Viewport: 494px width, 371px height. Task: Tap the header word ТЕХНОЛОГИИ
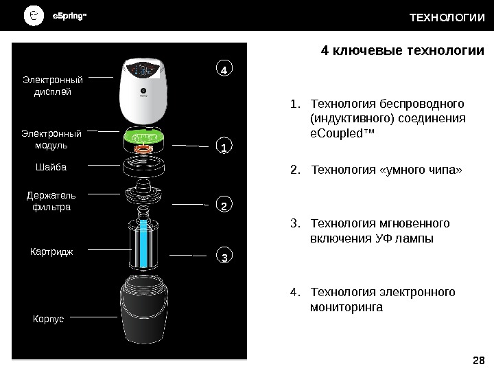(x=447, y=16)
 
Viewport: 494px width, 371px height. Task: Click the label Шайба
(x=51, y=166)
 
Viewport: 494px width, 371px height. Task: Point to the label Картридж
(x=51, y=251)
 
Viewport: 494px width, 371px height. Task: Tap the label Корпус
(x=48, y=319)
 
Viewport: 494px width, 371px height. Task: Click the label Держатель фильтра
(x=51, y=201)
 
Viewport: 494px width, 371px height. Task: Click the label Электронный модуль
(x=51, y=139)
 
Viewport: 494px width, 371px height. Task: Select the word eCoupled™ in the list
(x=343, y=133)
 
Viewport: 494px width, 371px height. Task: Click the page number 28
(x=479, y=361)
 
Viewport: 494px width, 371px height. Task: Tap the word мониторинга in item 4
(x=346, y=307)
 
